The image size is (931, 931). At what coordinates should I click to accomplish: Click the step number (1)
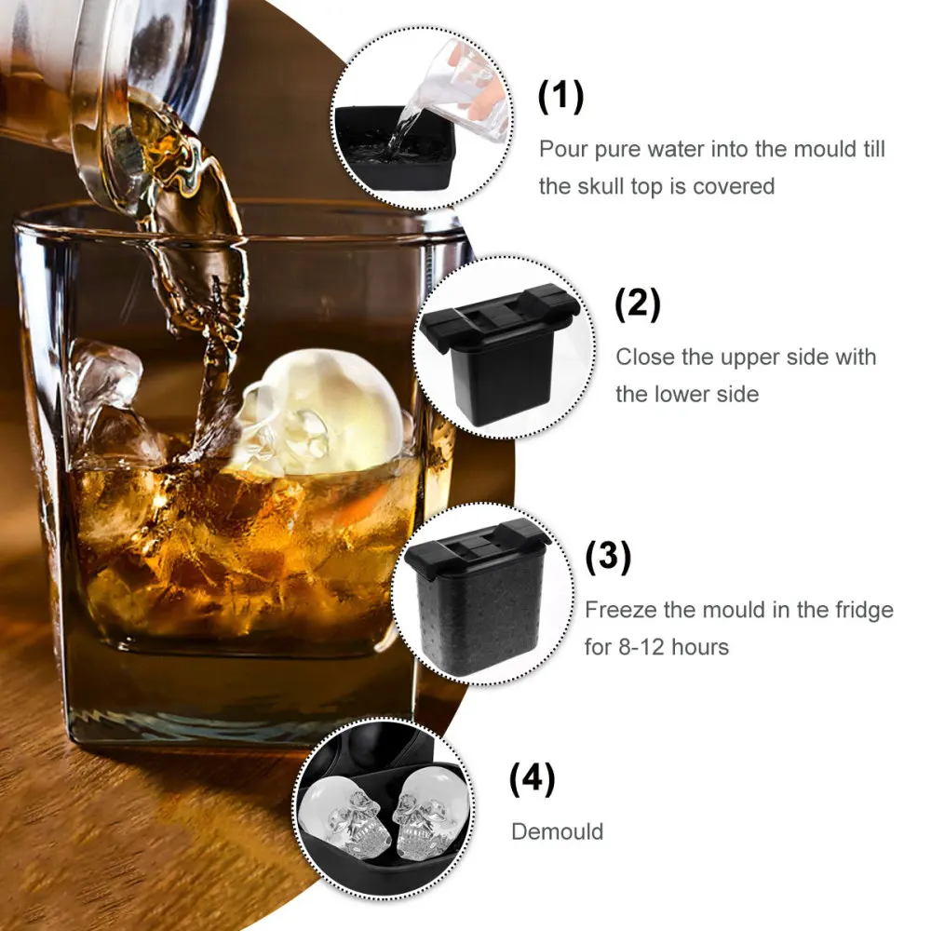click(561, 97)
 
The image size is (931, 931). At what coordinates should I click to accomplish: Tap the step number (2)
click(638, 304)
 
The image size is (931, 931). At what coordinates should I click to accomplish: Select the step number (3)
click(608, 557)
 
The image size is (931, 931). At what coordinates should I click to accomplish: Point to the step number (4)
click(532, 780)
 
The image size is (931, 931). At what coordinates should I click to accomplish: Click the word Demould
click(558, 831)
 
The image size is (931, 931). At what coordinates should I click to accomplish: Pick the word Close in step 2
click(644, 357)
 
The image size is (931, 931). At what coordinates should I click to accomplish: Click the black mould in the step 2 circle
click(503, 358)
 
